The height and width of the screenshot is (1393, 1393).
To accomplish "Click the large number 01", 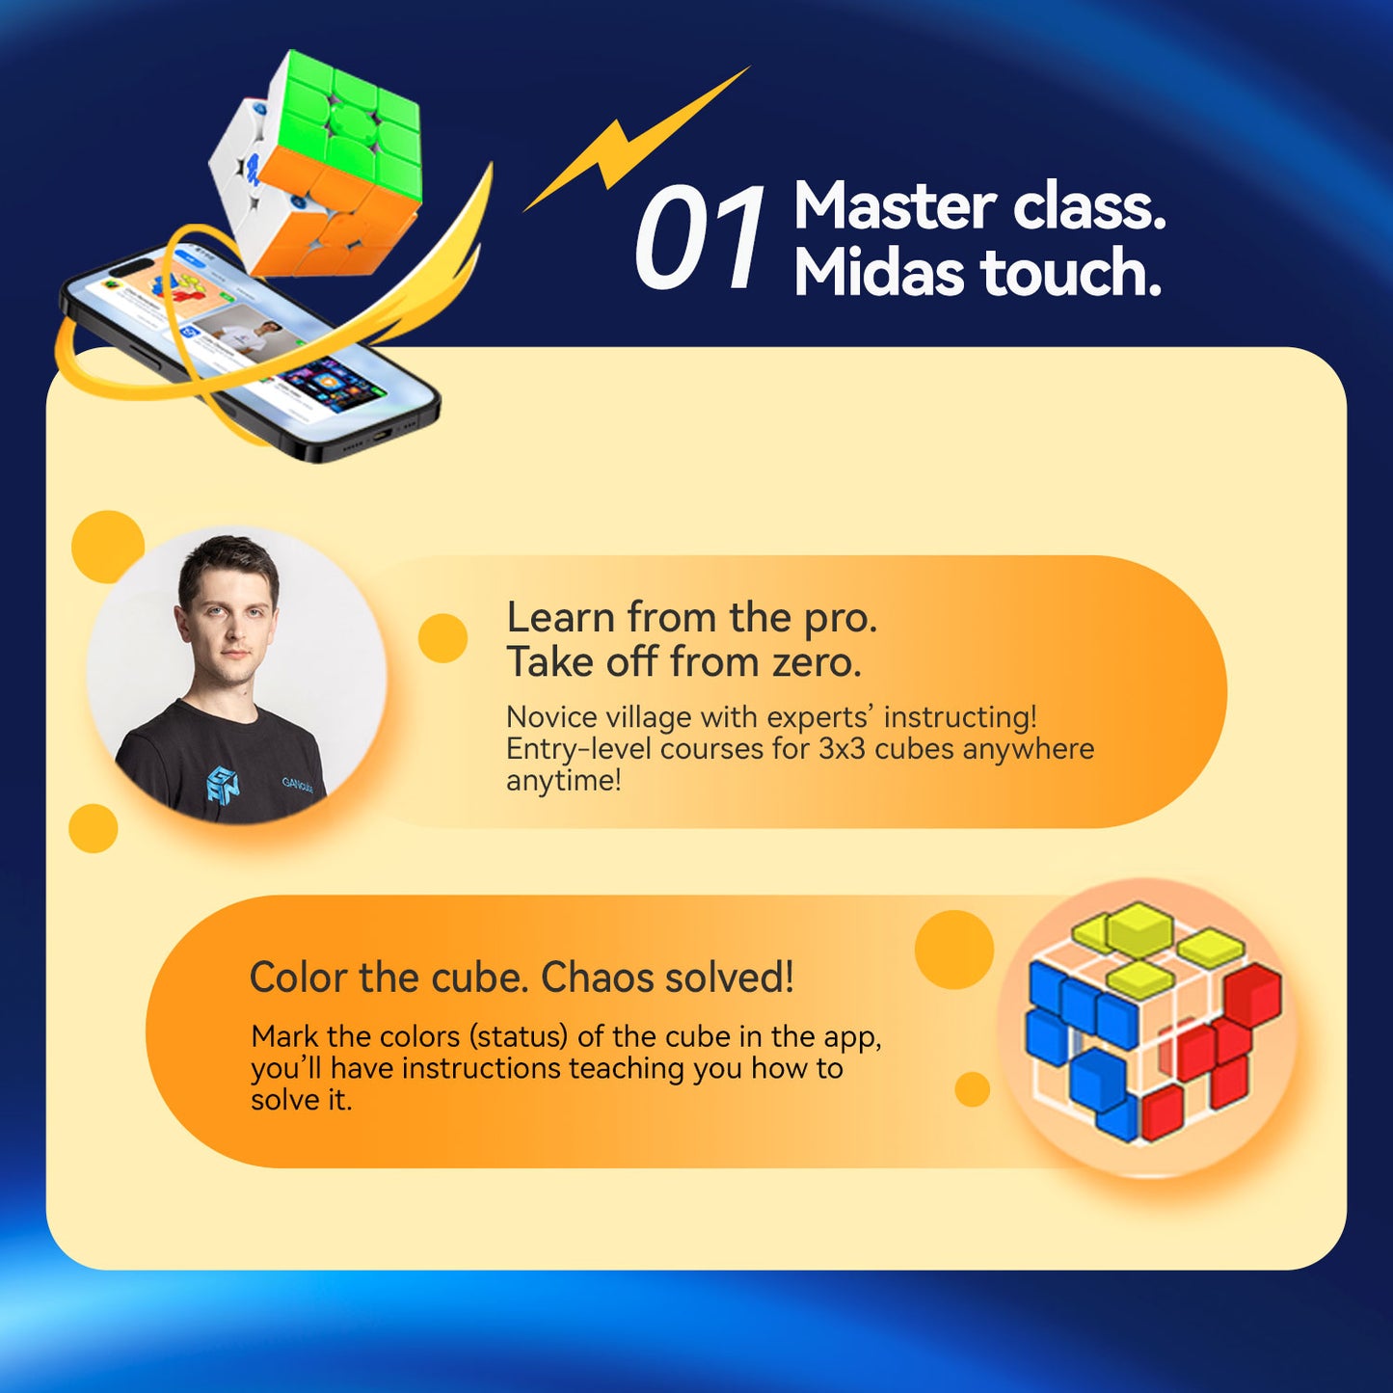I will point(699,238).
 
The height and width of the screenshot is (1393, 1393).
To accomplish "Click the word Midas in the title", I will point(878,273).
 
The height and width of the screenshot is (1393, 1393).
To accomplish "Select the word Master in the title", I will point(895,206).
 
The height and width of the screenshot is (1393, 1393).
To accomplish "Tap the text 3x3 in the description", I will point(842,749).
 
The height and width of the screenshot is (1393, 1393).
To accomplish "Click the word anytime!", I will point(564,780).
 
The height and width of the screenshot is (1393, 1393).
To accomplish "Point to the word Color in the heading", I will point(299,978).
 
